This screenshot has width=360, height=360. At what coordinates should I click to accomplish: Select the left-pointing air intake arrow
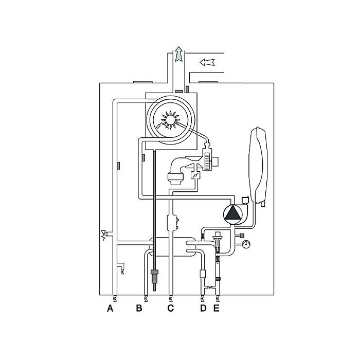[206, 62]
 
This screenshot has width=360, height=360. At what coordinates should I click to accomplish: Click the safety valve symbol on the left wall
[106, 235]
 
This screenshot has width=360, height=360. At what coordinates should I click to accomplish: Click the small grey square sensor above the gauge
[241, 236]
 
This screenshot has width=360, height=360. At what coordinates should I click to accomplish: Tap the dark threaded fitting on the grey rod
[154, 275]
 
